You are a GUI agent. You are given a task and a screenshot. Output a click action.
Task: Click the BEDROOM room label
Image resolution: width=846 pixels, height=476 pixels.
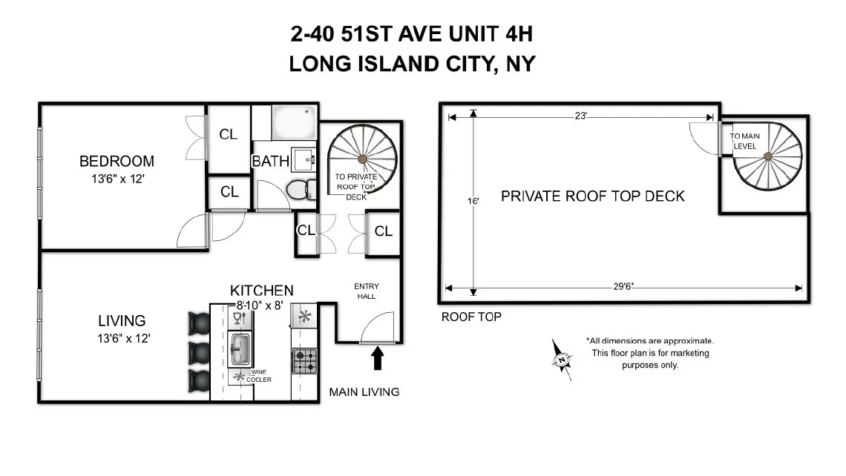(117, 161)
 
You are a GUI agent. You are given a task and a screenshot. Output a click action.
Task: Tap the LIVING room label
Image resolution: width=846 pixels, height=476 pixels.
(122, 321)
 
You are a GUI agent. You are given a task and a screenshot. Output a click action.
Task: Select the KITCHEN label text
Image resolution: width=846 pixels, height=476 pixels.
(261, 291)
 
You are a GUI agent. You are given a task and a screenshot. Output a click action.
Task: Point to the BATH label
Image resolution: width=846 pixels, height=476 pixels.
(270, 161)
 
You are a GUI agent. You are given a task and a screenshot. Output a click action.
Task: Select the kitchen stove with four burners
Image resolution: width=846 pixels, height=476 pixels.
(304, 361)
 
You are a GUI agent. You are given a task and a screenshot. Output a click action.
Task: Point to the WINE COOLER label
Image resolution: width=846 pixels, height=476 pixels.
(259, 376)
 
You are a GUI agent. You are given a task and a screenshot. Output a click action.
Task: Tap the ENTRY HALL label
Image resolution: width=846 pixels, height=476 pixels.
(365, 291)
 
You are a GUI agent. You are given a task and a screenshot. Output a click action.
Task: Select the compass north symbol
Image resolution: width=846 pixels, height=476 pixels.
(563, 360)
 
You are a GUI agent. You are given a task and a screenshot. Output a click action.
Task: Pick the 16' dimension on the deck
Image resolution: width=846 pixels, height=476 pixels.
(472, 200)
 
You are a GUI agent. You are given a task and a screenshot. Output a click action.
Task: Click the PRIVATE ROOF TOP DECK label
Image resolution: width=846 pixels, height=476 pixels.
(592, 196)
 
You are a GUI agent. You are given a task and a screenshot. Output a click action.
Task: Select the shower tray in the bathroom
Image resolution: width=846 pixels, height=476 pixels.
(295, 122)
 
